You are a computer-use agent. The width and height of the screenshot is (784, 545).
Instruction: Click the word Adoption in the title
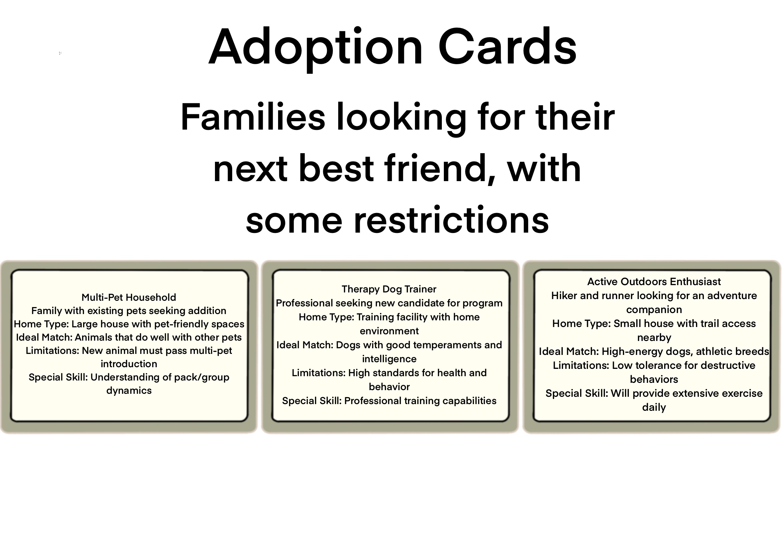pos(316,48)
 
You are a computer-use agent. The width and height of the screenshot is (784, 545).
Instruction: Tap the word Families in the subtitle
pos(252,117)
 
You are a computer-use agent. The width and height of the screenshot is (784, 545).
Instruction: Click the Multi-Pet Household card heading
pos(129,297)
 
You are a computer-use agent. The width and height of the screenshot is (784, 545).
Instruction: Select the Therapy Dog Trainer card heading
pos(389,289)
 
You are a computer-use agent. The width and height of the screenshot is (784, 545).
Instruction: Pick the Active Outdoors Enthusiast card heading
pos(654,282)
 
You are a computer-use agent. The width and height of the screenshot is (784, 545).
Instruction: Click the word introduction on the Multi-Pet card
pos(129,364)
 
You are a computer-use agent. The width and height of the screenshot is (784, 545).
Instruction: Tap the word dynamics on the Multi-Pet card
pos(129,391)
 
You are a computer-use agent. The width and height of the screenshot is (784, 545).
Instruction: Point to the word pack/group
pos(202,378)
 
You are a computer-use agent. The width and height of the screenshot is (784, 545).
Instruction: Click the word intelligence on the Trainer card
pos(389,359)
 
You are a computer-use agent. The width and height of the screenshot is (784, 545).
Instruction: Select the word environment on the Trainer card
pos(389,331)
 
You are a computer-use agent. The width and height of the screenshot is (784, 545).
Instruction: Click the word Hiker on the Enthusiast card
pos(564,296)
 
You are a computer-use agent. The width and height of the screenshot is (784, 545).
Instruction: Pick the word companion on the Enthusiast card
pos(654,310)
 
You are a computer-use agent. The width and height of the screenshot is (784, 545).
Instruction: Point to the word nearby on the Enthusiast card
pos(654,338)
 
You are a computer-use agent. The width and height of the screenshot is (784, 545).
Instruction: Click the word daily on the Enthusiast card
pos(654,407)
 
